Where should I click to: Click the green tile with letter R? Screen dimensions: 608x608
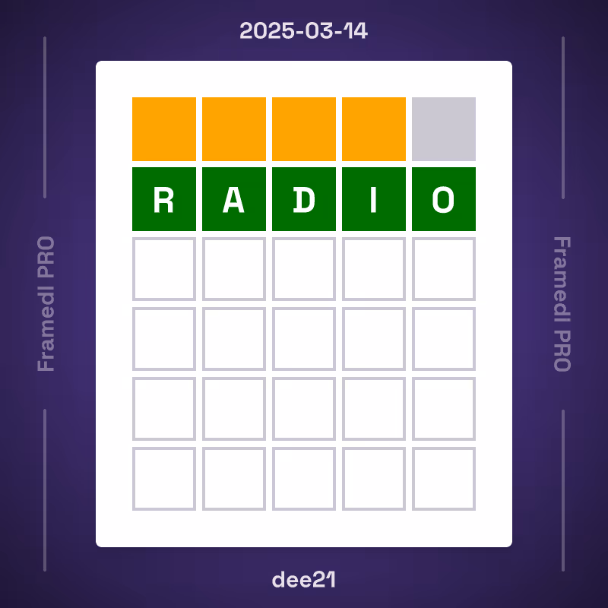click(164, 199)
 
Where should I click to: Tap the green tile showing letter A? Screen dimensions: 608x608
click(234, 199)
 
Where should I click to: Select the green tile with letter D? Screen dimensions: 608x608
click(304, 199)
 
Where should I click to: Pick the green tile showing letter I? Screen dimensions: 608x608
click(374, 199)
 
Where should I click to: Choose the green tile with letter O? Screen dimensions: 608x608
click(444, 199)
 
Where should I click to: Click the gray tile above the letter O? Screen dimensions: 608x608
click(444, 129)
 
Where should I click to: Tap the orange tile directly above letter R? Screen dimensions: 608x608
click(164, 129)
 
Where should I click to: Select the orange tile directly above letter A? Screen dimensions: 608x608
click(234, 129)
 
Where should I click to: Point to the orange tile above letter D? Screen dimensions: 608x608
click(304, 129)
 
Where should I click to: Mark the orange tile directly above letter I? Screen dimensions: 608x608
click(374, 129)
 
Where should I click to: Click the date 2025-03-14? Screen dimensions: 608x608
click(304, 31)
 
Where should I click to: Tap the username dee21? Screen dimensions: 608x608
click(304, 579)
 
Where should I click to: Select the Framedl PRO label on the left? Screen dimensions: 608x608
click(47, 304)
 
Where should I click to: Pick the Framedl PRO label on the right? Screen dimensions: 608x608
click(561, 304)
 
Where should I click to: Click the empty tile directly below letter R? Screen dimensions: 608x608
click(164, 269)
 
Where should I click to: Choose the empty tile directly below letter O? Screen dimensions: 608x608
click(444, 269)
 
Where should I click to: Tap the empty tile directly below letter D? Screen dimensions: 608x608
click(304, 269)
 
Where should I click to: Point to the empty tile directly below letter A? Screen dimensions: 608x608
click(234, 269)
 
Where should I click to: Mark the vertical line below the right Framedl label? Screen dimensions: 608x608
click(563, 490)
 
